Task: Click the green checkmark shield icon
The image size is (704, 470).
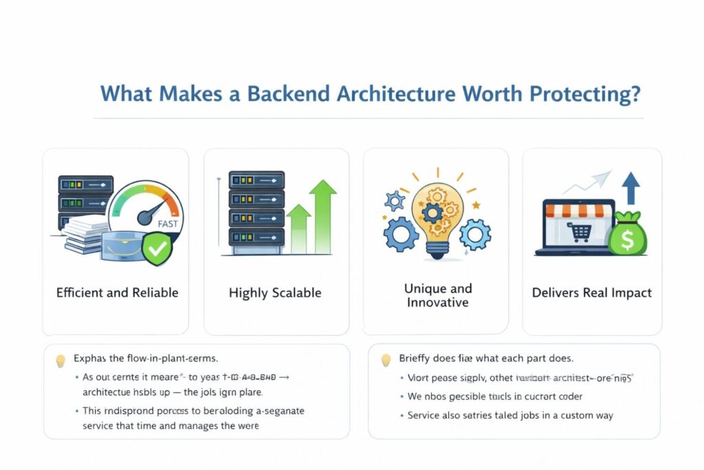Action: click(x=157, y=248)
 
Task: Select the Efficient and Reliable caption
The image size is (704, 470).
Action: click(x=117, y=292)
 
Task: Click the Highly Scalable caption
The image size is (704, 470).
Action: click(x=275, y=292)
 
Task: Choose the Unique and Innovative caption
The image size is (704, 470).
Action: click(x=438, y=295)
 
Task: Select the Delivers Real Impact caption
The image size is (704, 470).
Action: click(x=592, y=292)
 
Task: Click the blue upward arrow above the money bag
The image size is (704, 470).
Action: click(x=630, y=188)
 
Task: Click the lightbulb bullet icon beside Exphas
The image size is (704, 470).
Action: click(x=60, y=359)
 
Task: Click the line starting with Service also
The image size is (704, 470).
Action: click(x=510, y=415)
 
